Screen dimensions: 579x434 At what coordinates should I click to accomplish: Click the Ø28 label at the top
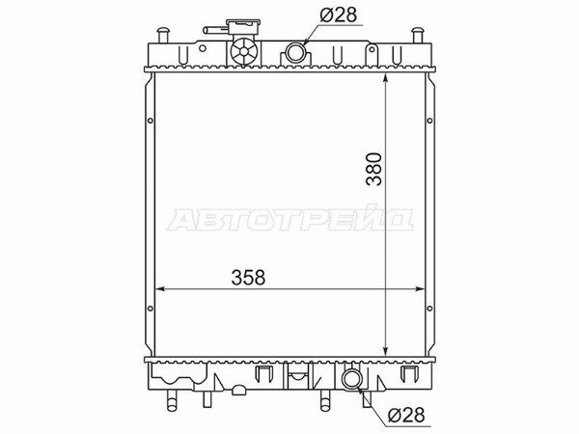[339, 15]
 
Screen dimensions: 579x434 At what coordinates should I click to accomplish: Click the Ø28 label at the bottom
[406, 415]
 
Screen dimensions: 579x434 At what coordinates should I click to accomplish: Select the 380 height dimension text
[374, 169]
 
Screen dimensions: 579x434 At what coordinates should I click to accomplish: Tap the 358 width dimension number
[248, 277]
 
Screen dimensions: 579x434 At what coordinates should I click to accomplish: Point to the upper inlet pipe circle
[295, 52]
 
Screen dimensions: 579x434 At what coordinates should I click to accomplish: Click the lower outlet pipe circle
[351, 379]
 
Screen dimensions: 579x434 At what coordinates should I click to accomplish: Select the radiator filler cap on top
[243, 27]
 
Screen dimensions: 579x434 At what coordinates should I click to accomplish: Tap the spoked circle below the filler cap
[244, 52]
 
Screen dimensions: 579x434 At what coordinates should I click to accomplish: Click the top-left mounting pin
[162, 36]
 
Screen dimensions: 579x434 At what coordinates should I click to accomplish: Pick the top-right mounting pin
[417, 36]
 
